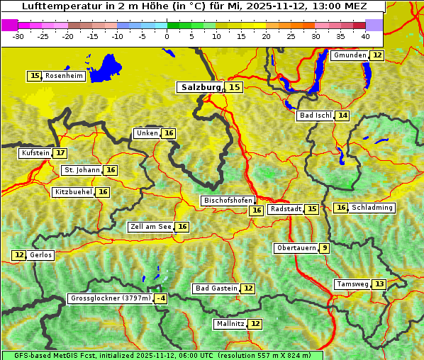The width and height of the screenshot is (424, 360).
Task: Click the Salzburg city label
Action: [x=199, y=87]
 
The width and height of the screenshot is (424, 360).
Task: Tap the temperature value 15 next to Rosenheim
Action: [x=35, y=76]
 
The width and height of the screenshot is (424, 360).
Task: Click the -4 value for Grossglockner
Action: [x=161, y=299]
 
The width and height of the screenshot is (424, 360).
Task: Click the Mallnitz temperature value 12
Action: [x=255, y=324]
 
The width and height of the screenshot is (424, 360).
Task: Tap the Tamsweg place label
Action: [x=352, y=284]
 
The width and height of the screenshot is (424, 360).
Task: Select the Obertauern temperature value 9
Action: [x=324, y=248]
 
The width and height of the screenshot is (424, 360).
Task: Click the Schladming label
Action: [x=372, y=208]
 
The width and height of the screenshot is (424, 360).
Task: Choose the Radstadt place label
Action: [x=286, y=209]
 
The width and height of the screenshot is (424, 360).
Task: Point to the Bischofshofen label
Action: [x=228, y=201]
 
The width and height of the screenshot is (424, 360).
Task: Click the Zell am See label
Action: [x=151, y=227]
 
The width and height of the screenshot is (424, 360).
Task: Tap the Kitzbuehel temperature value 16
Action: [x=103, y=192]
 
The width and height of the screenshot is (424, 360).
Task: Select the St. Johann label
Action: [x=82, y=170]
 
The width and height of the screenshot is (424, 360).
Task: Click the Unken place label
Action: [x=147, y=133]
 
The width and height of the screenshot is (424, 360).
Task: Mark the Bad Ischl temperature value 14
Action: [x=343, y=116]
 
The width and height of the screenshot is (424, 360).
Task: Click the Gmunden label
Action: [x=350, y=55]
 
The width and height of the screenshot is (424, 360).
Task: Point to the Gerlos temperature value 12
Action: [x=19, y=255]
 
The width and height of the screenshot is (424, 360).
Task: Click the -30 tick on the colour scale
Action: [x=18, y=36]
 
